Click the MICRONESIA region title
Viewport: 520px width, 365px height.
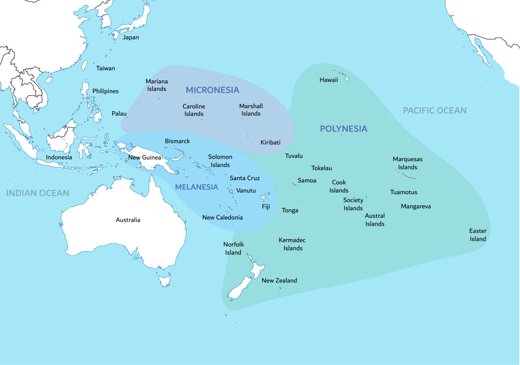[212, 90]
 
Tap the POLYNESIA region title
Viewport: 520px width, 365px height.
[343, 129]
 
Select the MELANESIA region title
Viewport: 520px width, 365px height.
[196, 187]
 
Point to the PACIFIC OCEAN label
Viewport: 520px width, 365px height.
[435, 111]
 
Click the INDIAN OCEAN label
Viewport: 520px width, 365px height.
[38, 193]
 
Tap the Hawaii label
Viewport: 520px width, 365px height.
[328, 80]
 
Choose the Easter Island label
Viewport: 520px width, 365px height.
[478, 235]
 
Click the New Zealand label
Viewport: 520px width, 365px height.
[279, 281]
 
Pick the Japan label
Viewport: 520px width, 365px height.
[131, 38]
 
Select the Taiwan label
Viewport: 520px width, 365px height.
[106, 68]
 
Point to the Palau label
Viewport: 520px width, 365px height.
[119, 114]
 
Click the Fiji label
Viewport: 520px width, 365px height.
[266, 207]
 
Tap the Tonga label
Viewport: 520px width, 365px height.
[290, 211]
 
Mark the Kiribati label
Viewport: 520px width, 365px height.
[270, 143]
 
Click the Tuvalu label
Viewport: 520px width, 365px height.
[294, 156]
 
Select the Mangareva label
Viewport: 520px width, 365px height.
[416, 207]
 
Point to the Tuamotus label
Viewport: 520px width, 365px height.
[403, 192]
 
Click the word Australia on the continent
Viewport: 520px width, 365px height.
[128, 220]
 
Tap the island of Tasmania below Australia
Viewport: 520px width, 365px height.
[164, 281]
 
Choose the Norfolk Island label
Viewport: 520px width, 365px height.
[234, 249]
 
